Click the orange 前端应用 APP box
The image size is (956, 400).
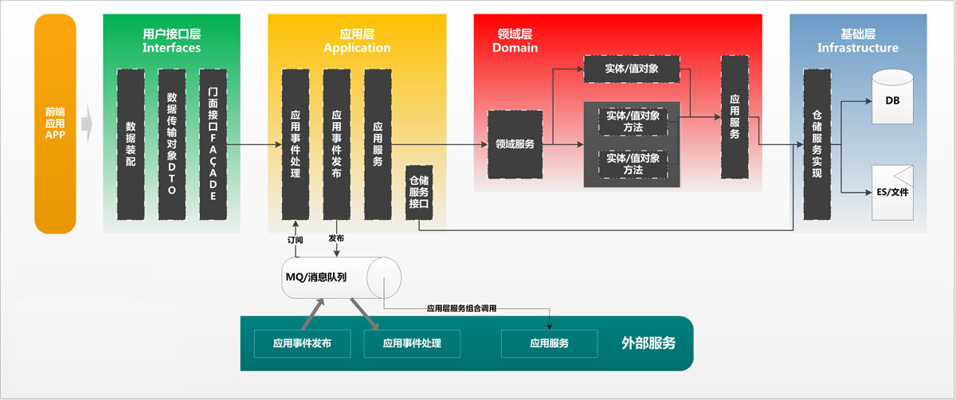point(55,124)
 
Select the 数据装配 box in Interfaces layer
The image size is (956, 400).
point(131,144)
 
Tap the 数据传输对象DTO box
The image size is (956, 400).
point(172,144)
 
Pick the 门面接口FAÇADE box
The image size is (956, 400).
point(213,144)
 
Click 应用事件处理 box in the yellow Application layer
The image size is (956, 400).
point(295,144)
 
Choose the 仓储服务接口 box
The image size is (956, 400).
point(419,192)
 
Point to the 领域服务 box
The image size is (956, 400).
point(515,144)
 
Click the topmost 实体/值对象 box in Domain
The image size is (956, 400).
point(632,69)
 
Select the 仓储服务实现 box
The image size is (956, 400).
point(817,144)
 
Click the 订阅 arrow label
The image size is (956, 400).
point(295,239)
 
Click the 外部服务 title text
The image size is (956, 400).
point(648,343)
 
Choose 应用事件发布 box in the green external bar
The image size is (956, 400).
point(302,343)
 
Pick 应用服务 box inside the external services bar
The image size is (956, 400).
point(549,343)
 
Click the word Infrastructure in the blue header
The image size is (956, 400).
point(857,48)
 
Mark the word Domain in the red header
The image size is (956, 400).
point(515,48)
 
